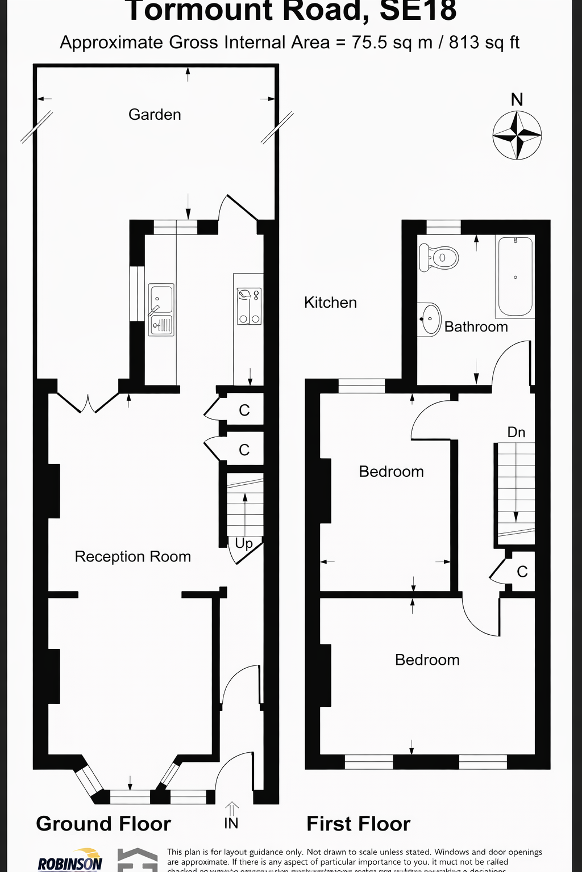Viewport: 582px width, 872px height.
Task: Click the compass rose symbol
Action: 517,136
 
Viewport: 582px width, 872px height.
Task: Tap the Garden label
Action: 155,115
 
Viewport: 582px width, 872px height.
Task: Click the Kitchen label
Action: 330,303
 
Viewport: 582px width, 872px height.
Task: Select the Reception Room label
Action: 132,556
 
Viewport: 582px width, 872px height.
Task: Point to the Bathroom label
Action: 476,327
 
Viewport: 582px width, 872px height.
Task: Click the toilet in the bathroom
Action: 439,258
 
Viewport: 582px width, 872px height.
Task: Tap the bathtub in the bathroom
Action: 515,276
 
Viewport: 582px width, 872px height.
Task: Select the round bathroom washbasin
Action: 430,319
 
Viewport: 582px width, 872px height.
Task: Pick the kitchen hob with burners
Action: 249,307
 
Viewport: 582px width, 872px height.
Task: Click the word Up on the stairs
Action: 244,543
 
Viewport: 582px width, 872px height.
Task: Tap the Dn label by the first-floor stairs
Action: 516,433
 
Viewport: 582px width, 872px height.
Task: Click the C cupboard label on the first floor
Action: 522,572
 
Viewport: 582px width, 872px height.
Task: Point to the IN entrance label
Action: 231,823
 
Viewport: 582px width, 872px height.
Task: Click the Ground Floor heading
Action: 103,824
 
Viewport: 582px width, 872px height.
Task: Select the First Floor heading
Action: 358,824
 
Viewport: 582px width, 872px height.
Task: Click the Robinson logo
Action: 70,861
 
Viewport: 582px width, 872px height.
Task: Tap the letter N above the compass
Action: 517,100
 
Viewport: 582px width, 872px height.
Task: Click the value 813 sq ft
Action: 484,43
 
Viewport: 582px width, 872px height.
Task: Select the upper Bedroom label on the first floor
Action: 391,472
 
